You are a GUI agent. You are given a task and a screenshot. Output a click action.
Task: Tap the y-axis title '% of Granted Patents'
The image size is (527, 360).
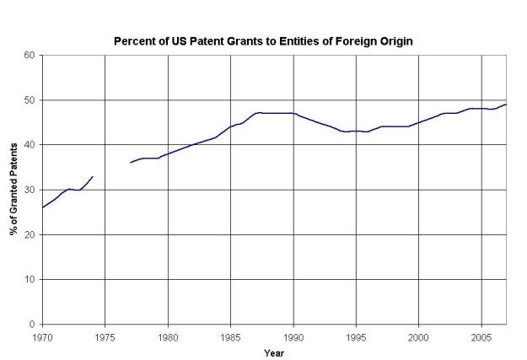coord(14,190)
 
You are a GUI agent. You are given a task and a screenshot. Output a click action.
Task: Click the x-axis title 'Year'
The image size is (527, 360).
coord(272,352)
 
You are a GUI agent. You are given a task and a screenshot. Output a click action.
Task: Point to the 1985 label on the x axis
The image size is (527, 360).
coord(230,336)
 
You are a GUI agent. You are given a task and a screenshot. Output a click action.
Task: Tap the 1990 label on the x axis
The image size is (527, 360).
coord(293,336)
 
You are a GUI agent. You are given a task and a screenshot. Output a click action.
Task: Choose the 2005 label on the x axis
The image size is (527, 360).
coord(481,336)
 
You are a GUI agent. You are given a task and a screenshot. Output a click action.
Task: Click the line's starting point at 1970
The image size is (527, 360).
coord(42,207)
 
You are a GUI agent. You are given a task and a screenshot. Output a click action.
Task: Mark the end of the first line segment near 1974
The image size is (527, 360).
coord(92,177)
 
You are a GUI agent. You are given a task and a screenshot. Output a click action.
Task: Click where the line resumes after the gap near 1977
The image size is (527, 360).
coord(131,163)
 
